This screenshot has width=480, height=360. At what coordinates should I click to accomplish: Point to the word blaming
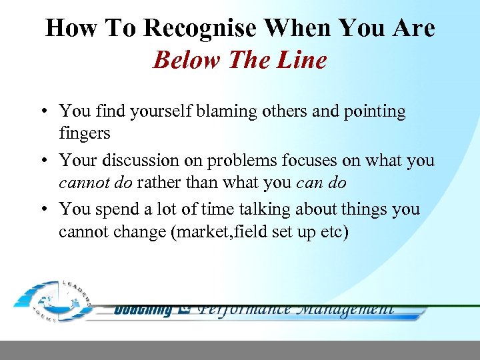click(x=224, y=111)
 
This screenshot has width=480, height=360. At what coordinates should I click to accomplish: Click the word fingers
click(x=85, y=133)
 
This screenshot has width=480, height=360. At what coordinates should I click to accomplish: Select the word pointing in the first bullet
click(x=375, y=111)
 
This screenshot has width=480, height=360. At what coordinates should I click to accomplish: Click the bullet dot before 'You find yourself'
click(x=43, y=112)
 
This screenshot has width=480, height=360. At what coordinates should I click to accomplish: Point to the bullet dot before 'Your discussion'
click(x=43, y=161)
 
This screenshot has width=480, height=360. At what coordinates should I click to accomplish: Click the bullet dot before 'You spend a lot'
click(x=43, y=210)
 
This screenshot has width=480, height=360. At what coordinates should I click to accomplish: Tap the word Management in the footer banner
click(x=346, y=309)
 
